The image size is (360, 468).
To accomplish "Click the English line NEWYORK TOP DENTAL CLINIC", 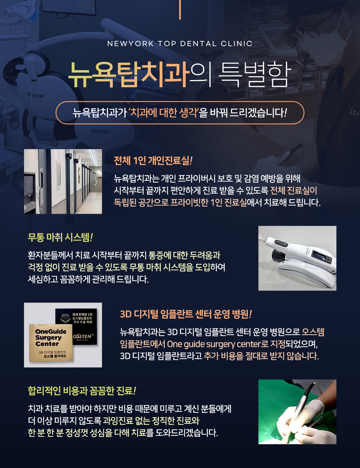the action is pyautogui.click(x=180, y=44).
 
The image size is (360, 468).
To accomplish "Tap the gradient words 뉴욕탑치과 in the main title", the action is pyautogui.click(x=129, y=75).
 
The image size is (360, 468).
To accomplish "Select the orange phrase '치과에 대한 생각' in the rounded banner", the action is pyautogui.click(x=164, y=113).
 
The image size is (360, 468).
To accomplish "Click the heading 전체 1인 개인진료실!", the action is pyautogui.click(x=153, y=160).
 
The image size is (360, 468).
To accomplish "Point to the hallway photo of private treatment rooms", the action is pyautogui.click(x=63, y=181).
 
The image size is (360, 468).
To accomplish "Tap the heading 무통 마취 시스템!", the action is pyautogui.click(x=60, y=237).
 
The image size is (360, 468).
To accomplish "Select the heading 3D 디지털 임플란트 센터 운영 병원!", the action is pyautogui.click(x=186, y=314).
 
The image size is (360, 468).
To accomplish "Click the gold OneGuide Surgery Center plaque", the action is pyautogui.click(x=51, y=343).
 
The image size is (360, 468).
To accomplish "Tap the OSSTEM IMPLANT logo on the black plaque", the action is pyautogui.click(x=83, y=337).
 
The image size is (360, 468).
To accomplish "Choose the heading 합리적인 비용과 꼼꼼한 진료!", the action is pyautogui.click(x=82, y=391).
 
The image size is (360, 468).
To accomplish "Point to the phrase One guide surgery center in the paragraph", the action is pyautogui.click(x=214, y=344).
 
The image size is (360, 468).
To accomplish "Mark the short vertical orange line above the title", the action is pyautogui.click(x=180, y=10).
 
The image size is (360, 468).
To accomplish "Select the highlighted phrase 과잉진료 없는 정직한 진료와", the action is pyautogui.click(x=151, y=420).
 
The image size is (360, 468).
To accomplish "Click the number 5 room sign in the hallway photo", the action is pyautogui.click(x=70, y=156).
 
